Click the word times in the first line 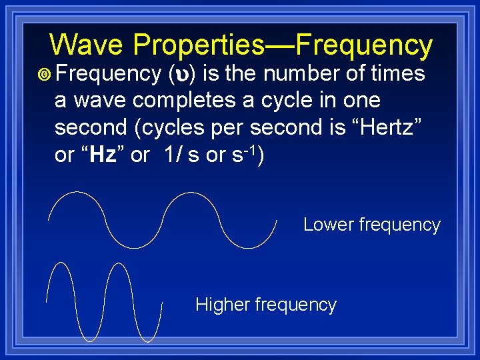coord(400,74)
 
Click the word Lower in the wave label coord(329,225)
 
